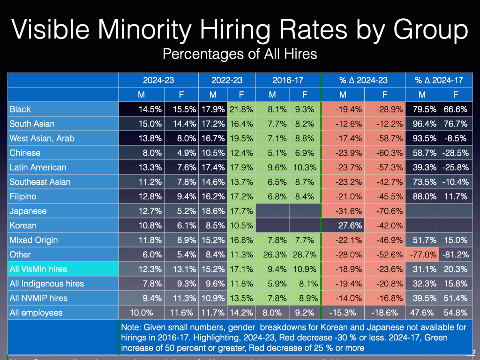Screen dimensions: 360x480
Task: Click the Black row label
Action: [x=20, y=109]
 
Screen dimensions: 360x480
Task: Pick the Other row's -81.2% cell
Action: [x=455, y=255]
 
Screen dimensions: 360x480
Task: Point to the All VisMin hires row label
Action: [x=38, y=269]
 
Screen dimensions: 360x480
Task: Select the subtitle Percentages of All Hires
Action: [x=240, y=54]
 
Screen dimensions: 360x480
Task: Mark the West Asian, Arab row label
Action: [x=42, y=138]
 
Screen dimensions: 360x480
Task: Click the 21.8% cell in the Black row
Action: [x=241, y=109]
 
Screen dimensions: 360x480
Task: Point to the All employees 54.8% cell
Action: [x=455, y=313]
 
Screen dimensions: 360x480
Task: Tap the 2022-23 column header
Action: [x=227, y=80]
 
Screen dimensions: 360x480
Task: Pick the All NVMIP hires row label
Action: [x=38, y=298]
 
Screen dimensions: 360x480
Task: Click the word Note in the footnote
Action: [x=131, y=327]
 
